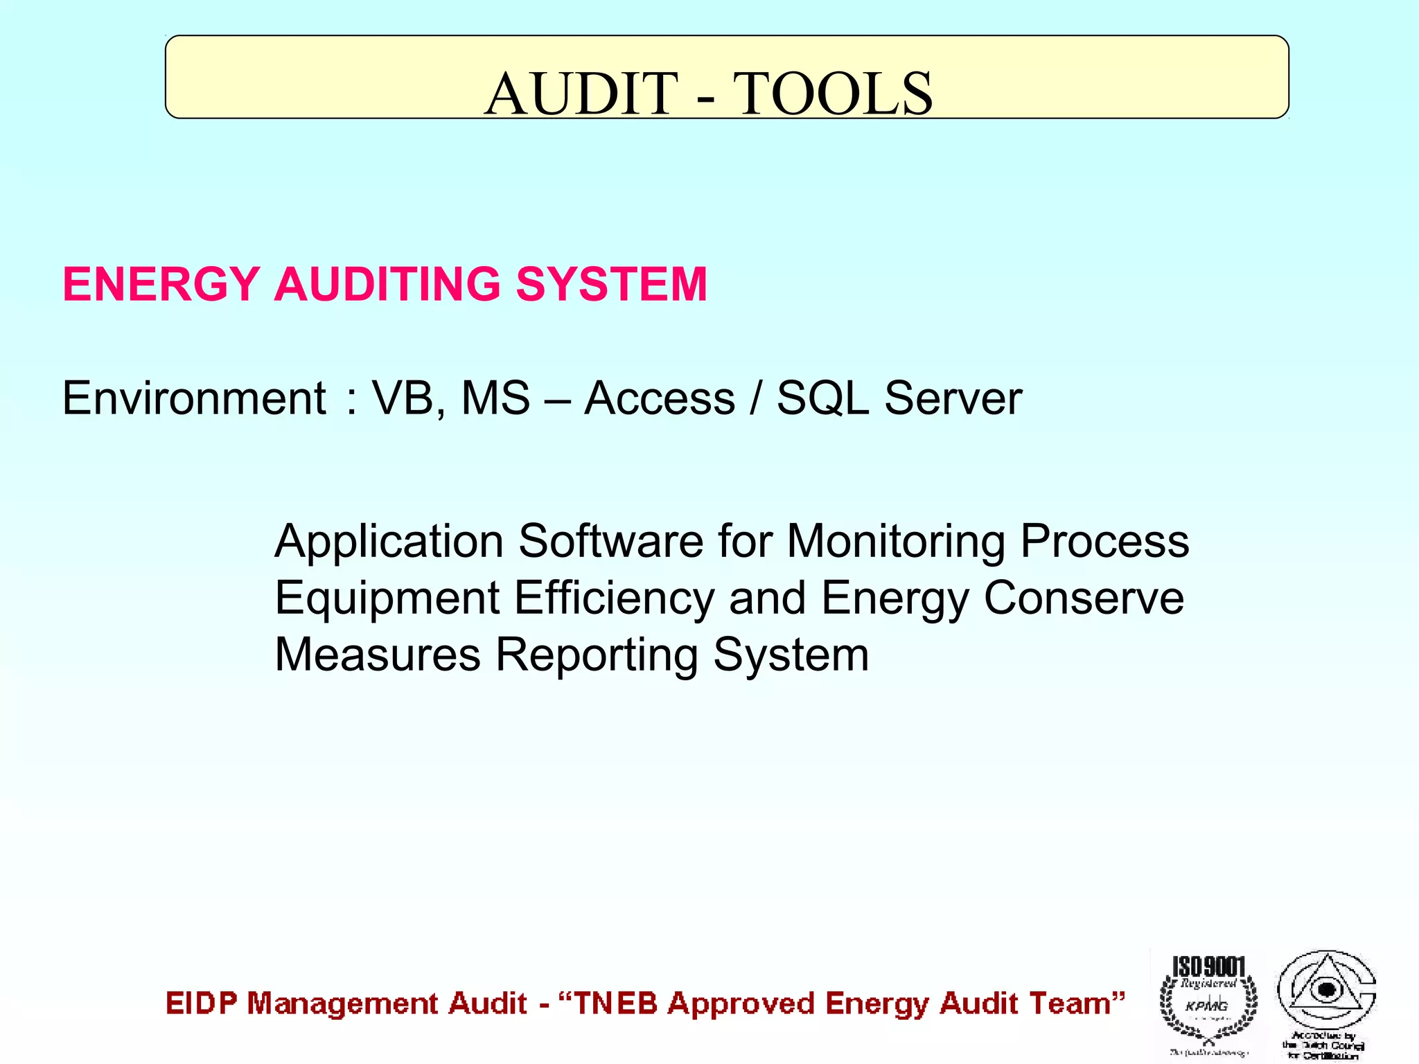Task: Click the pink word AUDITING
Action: pyautogui.click(x=387, y=284)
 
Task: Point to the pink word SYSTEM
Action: pyautogui.click(x=611, y=284)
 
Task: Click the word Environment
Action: pyautogui.click(x=194, y=398)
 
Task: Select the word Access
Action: pyautogui.click(x=660, y=398)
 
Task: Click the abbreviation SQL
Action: pyautogui.click(x=822, y=398)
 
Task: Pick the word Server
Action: pyautogui.click(x=953, y=398)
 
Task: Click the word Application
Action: pyautogui.click(x=389, y=541)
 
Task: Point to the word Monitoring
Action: pyautogui.click(x=896, y=541)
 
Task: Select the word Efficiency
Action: pyautogui.click(x=614, y=598)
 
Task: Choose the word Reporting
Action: pyautogui.click(x=597, y=655)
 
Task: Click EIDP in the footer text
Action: pyautogui.click(x=202, y=1004)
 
